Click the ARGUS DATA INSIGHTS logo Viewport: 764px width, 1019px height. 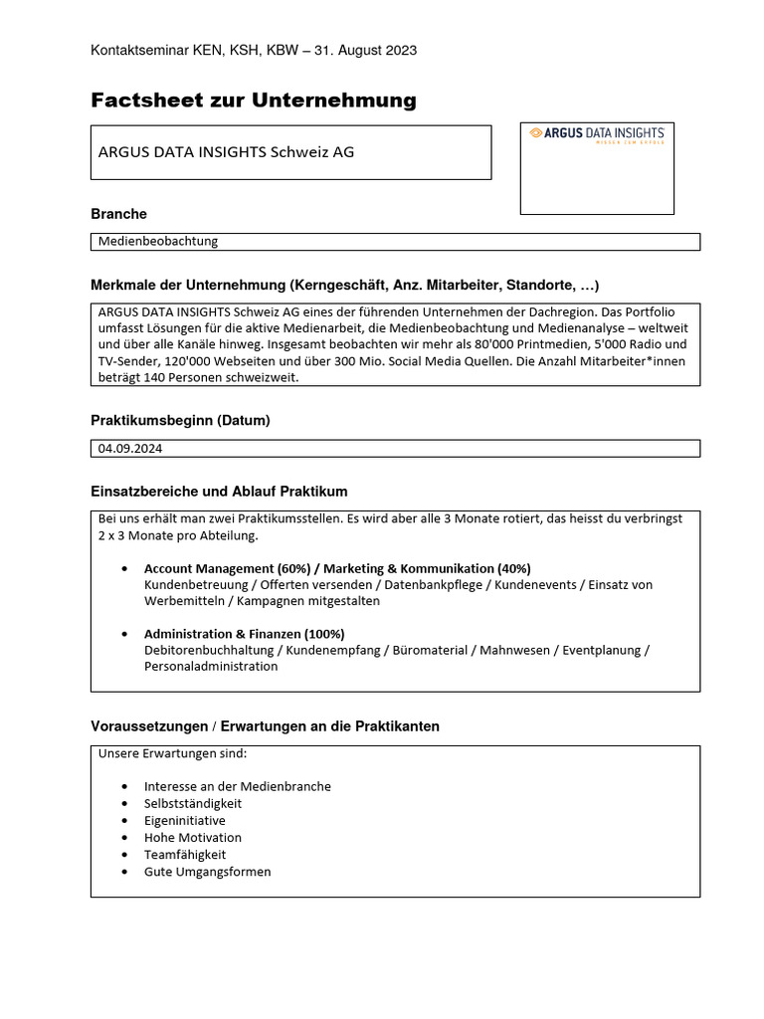(596, 135)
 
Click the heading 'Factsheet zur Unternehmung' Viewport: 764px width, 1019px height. (254, 100)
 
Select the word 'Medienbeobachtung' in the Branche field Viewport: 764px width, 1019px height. (158, 241)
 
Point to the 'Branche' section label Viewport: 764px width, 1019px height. (118, 214)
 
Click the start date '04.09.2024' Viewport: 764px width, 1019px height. (130, 449)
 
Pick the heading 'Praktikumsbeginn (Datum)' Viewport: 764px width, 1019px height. (180, 421)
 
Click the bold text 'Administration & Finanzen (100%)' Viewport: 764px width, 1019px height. (244, 634)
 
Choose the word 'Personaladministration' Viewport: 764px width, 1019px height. (211, 667)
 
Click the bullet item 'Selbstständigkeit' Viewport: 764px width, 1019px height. (193, 803)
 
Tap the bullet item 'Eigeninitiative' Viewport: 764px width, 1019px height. (185, 820)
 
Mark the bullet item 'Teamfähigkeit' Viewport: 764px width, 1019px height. (185, 854)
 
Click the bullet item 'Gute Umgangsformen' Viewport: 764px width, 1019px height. (207, 872)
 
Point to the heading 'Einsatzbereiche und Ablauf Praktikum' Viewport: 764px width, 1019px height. (219, 492)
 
